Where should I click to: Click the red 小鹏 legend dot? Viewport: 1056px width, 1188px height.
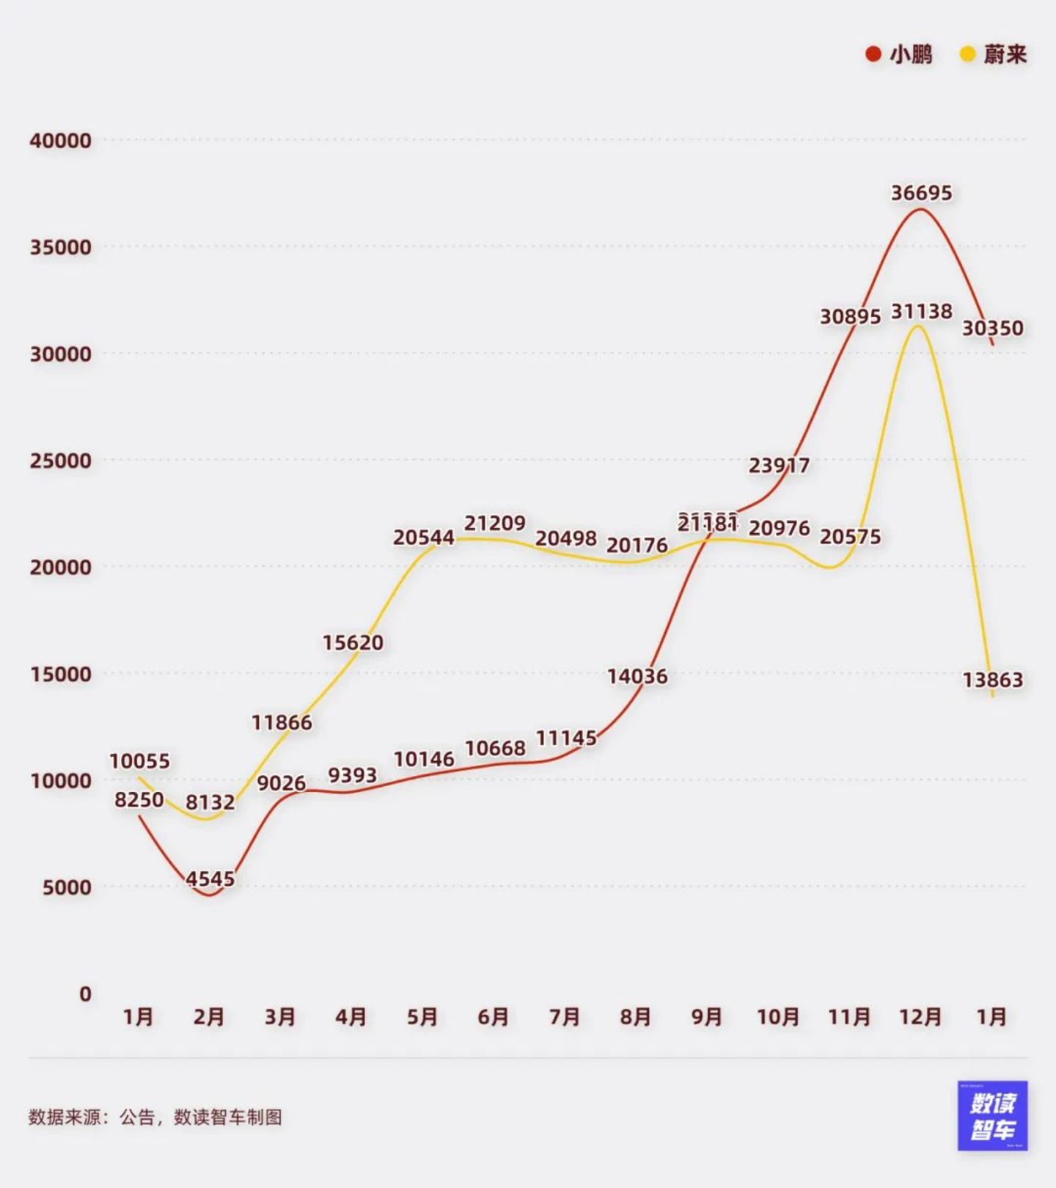(873, 54)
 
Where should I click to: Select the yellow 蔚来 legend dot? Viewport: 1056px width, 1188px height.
(968, 54)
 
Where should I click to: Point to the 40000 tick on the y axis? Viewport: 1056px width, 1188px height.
(61, 141)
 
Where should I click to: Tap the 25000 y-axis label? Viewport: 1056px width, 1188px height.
(61, 461)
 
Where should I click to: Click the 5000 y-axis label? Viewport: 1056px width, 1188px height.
(67, 887)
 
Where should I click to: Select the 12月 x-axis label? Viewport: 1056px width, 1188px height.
(920, 1016)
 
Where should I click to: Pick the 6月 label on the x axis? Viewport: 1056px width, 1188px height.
(494, 1016)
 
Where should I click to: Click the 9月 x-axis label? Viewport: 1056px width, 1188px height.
(707, 1016)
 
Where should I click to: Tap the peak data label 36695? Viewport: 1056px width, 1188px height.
(921, 193)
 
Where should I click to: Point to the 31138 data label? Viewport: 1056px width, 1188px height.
(921, 312)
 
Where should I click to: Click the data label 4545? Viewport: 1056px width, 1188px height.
(210, 879)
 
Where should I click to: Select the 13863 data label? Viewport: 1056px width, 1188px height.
(992, 680)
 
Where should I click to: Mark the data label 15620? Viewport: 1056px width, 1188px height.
(353, 642)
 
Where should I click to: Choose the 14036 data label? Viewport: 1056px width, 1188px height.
(637, 676)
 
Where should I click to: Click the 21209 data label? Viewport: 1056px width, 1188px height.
(495, 523)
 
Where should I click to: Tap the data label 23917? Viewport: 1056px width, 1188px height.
(779, 465)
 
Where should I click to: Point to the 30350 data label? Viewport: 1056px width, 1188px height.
(992, 328)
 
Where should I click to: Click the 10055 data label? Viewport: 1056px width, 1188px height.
(139, 761)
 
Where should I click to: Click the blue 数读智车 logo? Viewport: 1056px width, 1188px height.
(992, 1115)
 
